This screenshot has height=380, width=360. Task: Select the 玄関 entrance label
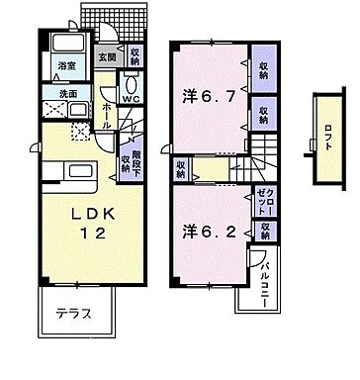click(107, 56)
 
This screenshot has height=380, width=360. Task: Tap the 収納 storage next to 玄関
click(135, 56)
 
